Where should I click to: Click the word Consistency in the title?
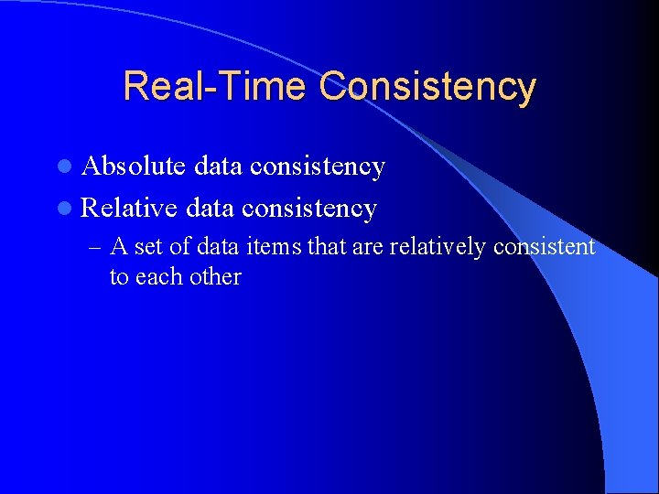point(427,87)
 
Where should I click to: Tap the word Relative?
point(129,209)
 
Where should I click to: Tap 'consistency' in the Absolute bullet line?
point(318,166)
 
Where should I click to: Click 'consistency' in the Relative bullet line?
point(309,209)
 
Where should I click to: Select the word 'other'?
point(216,277)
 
